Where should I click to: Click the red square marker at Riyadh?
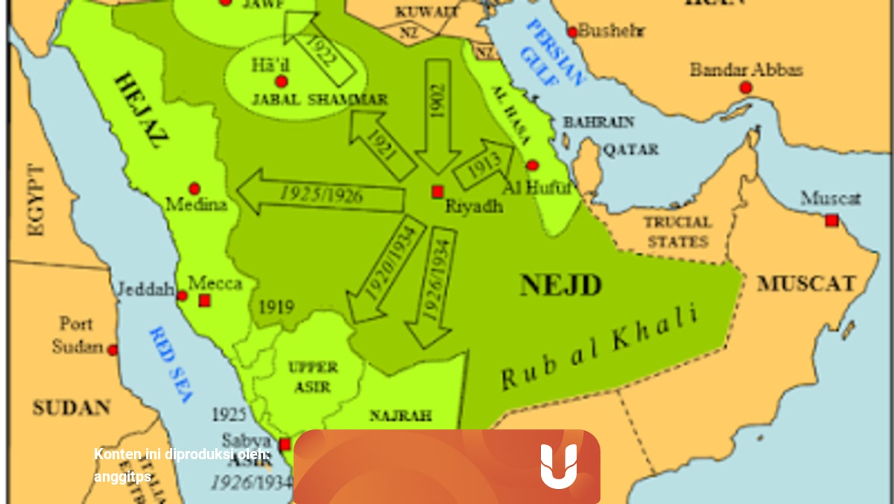pos(437,192)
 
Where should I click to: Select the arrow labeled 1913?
pos(484,163)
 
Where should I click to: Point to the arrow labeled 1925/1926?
pos(320,194)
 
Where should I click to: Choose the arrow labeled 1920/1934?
pos(384,269)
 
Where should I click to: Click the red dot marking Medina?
pos(194,189)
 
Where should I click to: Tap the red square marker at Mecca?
pos(205,300)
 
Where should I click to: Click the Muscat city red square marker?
pos(831,221)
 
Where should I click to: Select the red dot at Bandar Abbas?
pos(746,88)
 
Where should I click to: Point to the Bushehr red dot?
pos(572,31)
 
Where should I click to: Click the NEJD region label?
pos(560,285)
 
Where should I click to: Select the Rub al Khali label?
pos(600,346)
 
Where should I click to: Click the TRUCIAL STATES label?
pos(678,232)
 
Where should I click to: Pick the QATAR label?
pos(630,150)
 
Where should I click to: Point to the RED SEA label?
pos(173,364)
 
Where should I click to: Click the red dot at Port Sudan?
pos(112,350)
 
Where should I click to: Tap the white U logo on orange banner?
pos(559,466)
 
